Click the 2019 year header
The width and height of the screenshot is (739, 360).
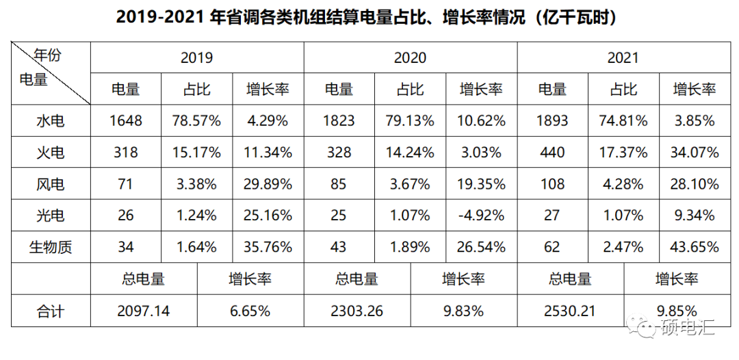pyautogui.click(x=196, y=57)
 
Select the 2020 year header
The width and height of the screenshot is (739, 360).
pyautogui.click(x=410, y=57)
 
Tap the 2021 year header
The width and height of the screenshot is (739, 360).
pyautogui.click(x=623, y=57)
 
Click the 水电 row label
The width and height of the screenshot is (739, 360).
pyautogui.click(x=50, y=120)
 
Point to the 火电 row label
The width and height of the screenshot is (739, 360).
pyautogui.click(x=50, y=152)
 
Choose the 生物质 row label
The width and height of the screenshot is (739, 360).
pyautogui.click(x=50, y=247)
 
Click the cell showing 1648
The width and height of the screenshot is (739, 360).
pyautogui.click(x=125, y=120)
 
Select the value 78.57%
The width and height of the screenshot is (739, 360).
pyautogui.click(x=196, y=120)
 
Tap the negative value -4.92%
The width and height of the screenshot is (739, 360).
pyautogui.click(x=481, y=215)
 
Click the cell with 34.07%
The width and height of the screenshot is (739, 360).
pyautogui.click(x=695, y=152)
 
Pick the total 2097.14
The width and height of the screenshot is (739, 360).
pyautogui.click(x=143, y=311)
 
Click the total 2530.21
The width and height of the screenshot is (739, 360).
pyautogui.click(x=570, y=311)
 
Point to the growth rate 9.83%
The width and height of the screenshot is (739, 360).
pyautogui.click(x=463, y=311)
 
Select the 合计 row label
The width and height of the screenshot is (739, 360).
pyautogui.click(x=50, y=311)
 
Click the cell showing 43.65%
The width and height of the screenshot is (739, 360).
pyautogui.click(x=695, y=247)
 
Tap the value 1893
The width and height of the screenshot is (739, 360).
pyautogui.click(x=552, y=120)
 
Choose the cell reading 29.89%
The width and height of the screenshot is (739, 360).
pyautogui.click(x=268, y=183)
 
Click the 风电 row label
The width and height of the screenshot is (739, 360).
pyautogui.click(x=50, y=183)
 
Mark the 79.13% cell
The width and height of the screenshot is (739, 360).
pyautogui.click(x=410, y=120)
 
